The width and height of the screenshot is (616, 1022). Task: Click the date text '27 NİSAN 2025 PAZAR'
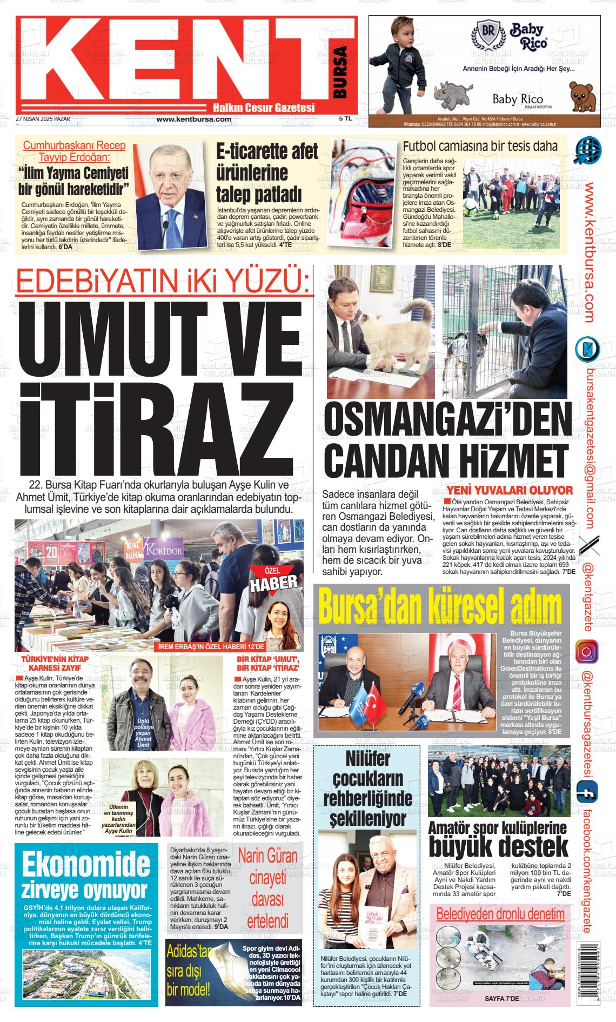point(43,118)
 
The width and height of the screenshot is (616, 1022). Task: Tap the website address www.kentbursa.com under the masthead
point(194,119)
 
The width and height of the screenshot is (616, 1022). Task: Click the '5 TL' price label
point(345,118)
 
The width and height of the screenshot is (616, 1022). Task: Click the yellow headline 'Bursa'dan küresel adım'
point(440,606)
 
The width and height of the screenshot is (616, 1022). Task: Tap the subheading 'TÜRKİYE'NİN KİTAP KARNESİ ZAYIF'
point(55,663)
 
